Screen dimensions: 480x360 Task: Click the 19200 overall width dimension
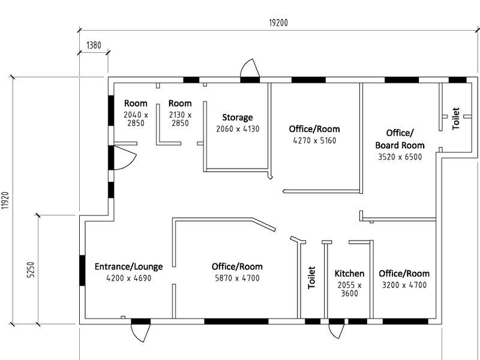coord(278,23)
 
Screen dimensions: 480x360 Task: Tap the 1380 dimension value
coord(94,46)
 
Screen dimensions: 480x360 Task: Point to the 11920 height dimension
coord(5,200)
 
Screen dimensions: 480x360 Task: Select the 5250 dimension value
coord(31,269)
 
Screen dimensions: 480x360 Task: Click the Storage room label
coord(238,118)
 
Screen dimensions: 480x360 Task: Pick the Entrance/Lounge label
coord(128,266)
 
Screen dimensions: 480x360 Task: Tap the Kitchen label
coord(349,274)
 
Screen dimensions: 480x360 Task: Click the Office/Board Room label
coord(400,139)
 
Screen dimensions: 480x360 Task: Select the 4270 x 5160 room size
coord(314,140)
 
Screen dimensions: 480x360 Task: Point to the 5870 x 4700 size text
coord(237,278)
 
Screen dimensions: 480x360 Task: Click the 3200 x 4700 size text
coord(404,285)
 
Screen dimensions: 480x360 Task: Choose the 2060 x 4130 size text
coord(238,129)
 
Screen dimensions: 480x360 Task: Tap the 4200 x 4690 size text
coord(128,278)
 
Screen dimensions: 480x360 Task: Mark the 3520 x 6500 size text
coord(400,157)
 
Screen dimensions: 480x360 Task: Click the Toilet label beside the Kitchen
coord(311,277)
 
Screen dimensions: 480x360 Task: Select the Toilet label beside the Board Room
coord(456,118)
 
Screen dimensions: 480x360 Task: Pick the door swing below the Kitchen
coord(337,332)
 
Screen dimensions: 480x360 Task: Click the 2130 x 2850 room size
coord(180,119)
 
